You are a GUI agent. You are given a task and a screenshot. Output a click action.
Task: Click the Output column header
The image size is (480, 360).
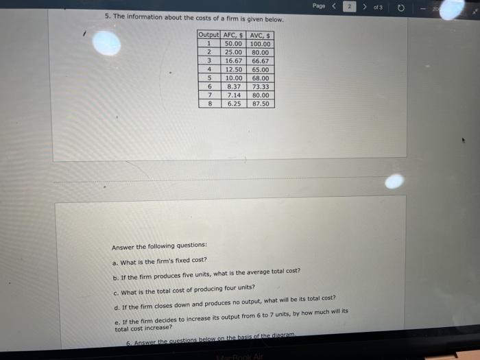[208, 35]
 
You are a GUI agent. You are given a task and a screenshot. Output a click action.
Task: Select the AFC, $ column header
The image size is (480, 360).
[234, 35]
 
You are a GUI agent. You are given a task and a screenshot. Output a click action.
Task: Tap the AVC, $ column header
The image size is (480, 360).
[261, 35]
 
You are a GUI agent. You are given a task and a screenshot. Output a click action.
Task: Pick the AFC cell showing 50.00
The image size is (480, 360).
[234, 44]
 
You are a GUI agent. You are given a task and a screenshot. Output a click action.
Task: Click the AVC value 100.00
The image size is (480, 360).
[261, 44]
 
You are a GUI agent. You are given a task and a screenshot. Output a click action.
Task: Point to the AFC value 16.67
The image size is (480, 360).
[234, 61]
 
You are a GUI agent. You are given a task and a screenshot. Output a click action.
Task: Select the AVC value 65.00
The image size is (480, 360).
[261, 69]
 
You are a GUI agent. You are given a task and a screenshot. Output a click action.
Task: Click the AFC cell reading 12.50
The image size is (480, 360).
[234, 69]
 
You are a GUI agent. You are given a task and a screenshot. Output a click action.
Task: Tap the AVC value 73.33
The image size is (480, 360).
[261, 87]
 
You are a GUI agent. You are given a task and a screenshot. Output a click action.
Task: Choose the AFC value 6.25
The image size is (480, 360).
[234, 104]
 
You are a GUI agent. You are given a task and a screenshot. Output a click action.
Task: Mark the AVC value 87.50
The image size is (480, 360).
[261, 104]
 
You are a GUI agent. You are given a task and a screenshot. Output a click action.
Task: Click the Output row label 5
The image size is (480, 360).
[208, 78]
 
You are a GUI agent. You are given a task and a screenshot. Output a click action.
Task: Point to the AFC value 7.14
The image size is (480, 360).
[234, 95]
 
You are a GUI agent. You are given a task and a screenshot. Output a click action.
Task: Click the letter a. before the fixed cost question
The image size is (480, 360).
[115, 262]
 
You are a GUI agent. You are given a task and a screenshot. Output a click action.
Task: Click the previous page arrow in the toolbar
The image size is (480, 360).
[335, 6]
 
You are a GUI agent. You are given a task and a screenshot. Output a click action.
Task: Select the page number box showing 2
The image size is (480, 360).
[348, 6]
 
